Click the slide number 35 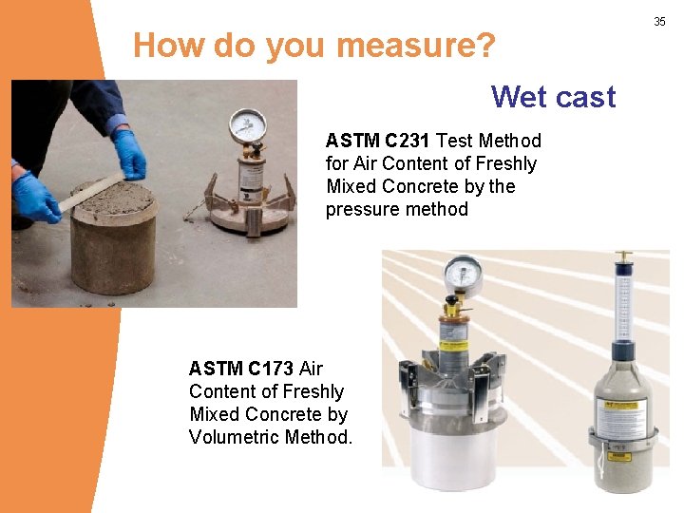660,21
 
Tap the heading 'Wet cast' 553,97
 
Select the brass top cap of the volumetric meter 623,257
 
